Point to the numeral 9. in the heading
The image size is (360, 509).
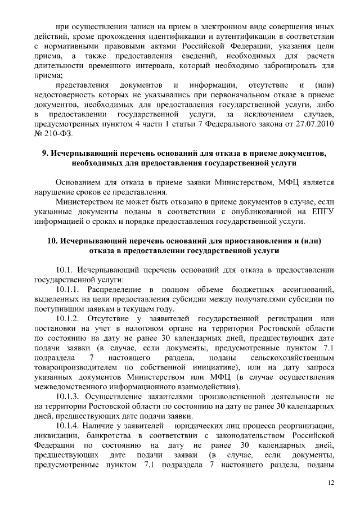[x=44, y=153]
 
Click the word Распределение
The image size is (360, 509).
[x=118, y=289]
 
